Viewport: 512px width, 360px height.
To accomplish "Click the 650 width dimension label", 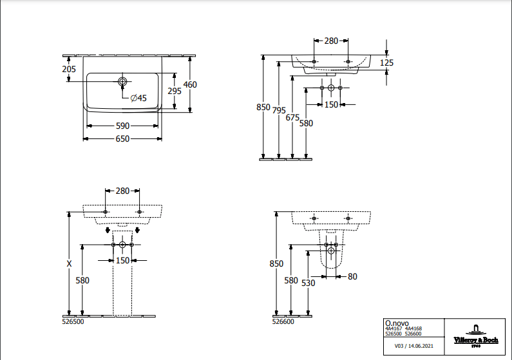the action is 122,139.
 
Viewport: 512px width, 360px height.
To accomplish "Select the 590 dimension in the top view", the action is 122,126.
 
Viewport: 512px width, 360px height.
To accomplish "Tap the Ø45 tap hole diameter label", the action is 138,99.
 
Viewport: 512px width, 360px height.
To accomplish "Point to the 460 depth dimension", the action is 190,85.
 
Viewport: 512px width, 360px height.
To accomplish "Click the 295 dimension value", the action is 174,91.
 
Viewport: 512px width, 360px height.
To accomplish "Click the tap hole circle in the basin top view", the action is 122,82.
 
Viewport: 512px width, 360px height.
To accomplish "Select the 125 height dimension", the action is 386,62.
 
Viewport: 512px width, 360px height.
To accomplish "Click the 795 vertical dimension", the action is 279,110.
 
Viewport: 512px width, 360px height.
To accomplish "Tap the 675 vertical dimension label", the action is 292,117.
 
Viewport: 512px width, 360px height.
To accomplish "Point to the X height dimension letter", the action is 69,264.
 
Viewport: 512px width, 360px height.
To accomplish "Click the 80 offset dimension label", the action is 352,277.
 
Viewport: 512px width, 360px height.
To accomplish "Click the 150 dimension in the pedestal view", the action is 122,260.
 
